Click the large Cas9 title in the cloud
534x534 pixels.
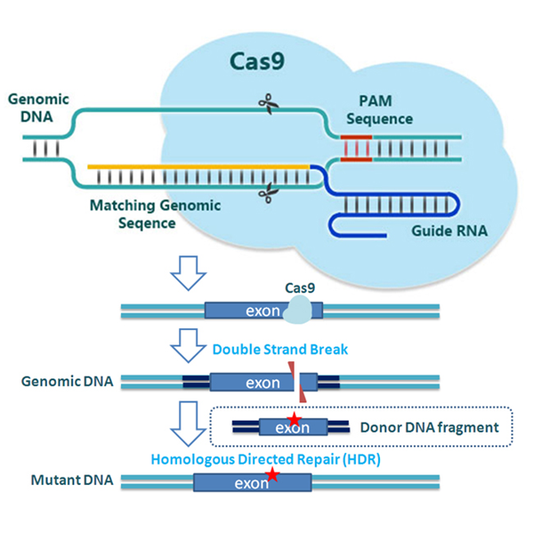257,61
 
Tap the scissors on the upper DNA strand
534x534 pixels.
269,104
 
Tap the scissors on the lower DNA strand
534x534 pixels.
269,193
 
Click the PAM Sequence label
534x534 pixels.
379,110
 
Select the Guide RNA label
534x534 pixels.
449,231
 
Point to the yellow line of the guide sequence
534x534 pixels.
198,167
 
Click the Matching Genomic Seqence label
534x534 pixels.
155,214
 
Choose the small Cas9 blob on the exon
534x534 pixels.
297,310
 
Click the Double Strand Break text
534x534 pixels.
280,350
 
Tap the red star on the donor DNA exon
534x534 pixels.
295,419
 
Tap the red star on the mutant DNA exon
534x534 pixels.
272,474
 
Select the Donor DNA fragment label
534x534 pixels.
430,427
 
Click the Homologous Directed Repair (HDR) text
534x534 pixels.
265,459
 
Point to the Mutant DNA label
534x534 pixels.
72,481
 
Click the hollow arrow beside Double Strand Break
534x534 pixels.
189,345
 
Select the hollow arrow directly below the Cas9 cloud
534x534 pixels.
189,273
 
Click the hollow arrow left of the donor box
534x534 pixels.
189,424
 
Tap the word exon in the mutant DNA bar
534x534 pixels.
252,483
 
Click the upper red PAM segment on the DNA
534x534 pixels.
356,137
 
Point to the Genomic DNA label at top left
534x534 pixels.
38,108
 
